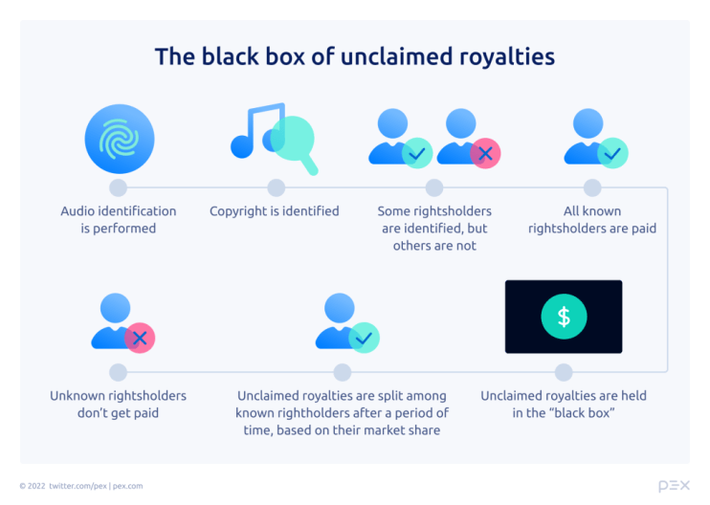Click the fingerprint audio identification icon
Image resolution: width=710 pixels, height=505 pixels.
[119, 140]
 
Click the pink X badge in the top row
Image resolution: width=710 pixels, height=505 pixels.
[485, 153]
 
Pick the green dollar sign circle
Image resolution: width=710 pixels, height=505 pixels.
[564, 318]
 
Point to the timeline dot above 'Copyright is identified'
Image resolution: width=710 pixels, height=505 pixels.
[276, 187]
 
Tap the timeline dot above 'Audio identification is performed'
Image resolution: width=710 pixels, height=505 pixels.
[119, 187]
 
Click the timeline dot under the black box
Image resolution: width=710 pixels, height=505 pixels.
[564, 372]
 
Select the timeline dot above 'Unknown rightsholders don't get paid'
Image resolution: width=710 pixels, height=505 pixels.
[119, 372]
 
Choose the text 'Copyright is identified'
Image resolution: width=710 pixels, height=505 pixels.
[275, 210]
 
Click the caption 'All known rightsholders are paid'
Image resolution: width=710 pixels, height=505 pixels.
[592, 220]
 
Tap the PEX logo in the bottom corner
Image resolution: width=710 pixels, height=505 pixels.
[674, 486]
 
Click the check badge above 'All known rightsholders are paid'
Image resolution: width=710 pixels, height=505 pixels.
[612, 153]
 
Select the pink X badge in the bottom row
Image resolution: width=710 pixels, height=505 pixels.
[140, 337]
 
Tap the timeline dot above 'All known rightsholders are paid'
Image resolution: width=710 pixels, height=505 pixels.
[592, 187]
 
